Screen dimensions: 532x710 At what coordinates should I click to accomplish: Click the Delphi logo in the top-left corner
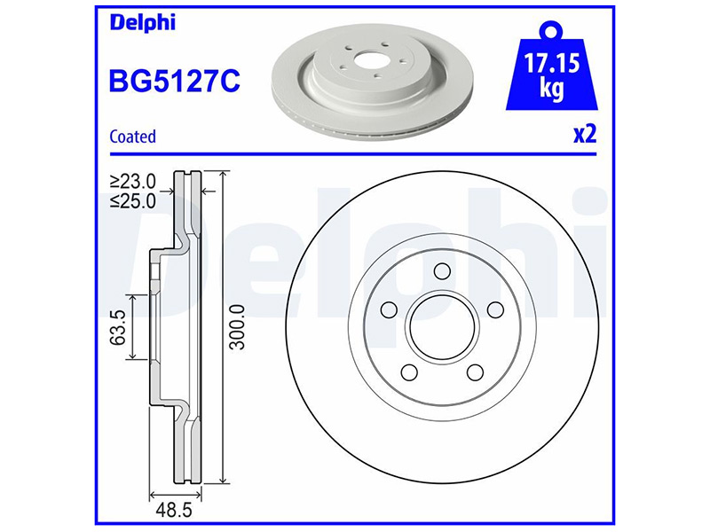point(142,23)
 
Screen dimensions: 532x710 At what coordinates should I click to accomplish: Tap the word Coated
point(132,137)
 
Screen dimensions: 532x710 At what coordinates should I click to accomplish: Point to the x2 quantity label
point(583,135)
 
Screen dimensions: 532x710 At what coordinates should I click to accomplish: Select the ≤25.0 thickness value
point(132,200)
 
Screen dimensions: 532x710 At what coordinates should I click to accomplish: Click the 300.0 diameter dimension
point(236,325)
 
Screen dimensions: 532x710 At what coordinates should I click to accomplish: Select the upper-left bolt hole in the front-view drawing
point(388,309)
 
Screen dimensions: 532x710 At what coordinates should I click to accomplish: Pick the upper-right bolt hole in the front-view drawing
point(493,309)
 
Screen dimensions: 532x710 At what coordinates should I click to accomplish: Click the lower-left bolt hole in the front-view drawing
point(410,371)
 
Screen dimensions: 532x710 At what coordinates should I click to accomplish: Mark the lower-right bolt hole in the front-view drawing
point(474,371)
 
